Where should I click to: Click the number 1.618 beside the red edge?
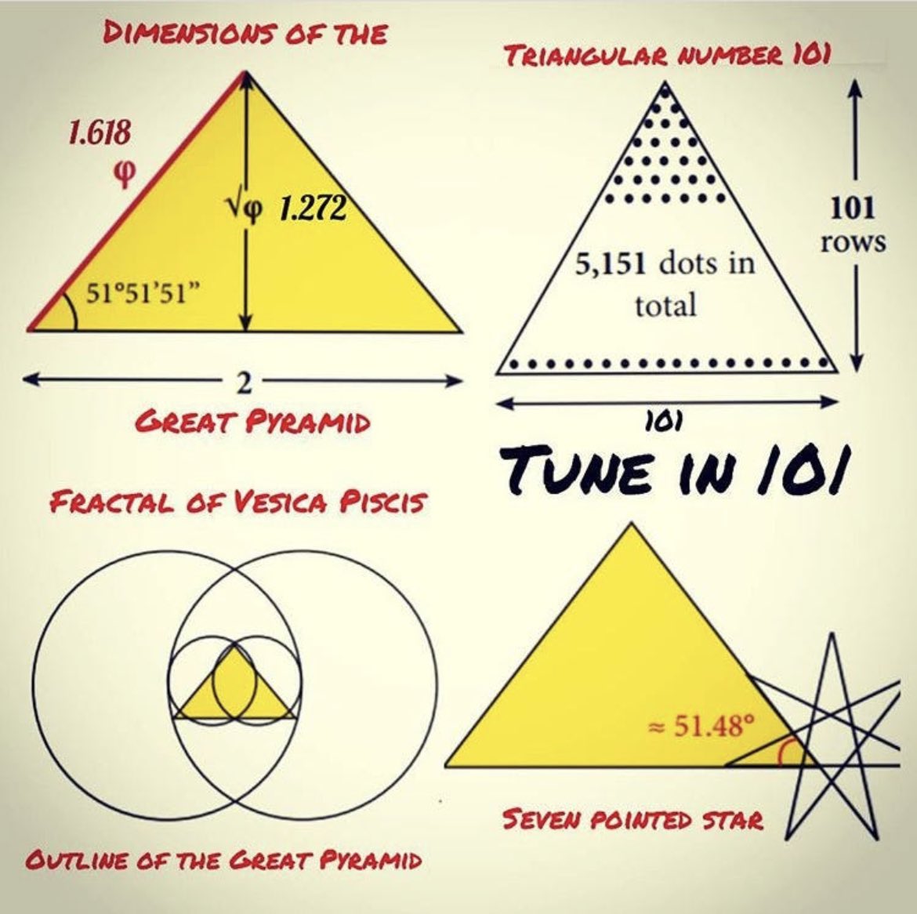pyautogui.click(x=98, y=132)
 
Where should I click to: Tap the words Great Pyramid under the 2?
pyautogui.click(x=252, y=423)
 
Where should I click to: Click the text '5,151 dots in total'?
pyautogui.click(x=665, y=283)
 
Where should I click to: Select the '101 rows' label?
pyautogui.click(x=854, y=224)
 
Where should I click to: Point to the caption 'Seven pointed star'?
pyautogui.click(x=632, y=820)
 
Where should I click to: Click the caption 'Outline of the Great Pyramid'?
pyautogui.click(x=223, y=860)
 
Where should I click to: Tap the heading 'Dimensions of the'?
pyautogui.click(x=246, y=34)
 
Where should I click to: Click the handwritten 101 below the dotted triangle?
pyautogui.click(x=665, y=421)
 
